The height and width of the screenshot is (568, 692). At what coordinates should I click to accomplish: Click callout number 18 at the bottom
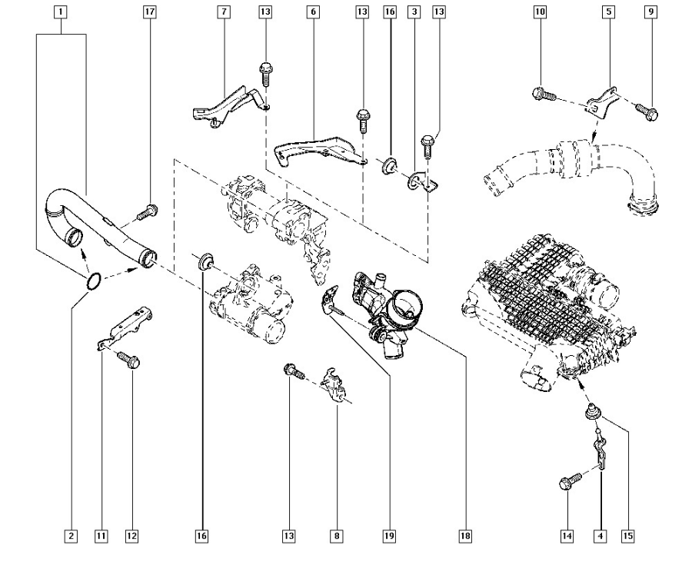tap(465, 536)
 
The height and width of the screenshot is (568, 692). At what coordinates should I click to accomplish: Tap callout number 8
tap(337, 536)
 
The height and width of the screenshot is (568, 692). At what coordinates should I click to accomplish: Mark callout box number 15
tap(628, 536)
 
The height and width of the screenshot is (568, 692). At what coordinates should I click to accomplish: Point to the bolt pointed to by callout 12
tap(128, 359)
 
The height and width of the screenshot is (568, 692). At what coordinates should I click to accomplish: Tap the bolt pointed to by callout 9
tap(648, 112)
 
